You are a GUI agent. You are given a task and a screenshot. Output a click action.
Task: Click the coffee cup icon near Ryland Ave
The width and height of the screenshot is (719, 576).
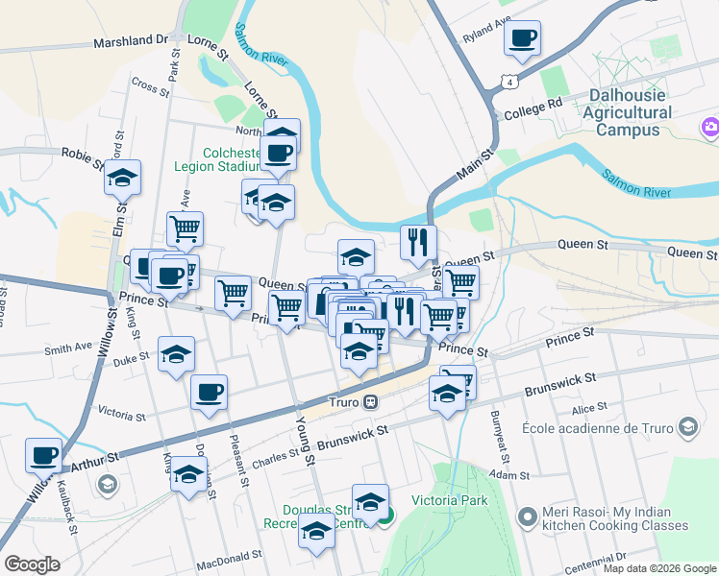point(522,39)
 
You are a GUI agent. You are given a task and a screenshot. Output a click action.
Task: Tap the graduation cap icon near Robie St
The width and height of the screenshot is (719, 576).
point(122,179)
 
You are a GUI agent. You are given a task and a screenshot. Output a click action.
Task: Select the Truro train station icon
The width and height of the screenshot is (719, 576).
point(383,401)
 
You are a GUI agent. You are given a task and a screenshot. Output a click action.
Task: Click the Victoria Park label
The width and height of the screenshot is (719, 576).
point(450,500)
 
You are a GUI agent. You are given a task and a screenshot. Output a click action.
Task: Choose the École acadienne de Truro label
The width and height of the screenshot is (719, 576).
point(598,427)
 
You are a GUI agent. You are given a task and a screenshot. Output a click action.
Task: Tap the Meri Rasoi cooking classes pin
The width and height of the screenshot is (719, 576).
point(526,518)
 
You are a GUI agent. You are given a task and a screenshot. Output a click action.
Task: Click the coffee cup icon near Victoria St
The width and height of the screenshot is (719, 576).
point(209,393)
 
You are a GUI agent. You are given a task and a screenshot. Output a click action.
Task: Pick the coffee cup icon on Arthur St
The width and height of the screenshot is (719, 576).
point(42,456)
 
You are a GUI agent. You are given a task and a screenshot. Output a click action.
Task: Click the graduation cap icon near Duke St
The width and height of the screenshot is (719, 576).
point(176,355)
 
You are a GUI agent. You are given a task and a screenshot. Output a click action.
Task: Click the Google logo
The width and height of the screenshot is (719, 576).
point(32,564)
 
